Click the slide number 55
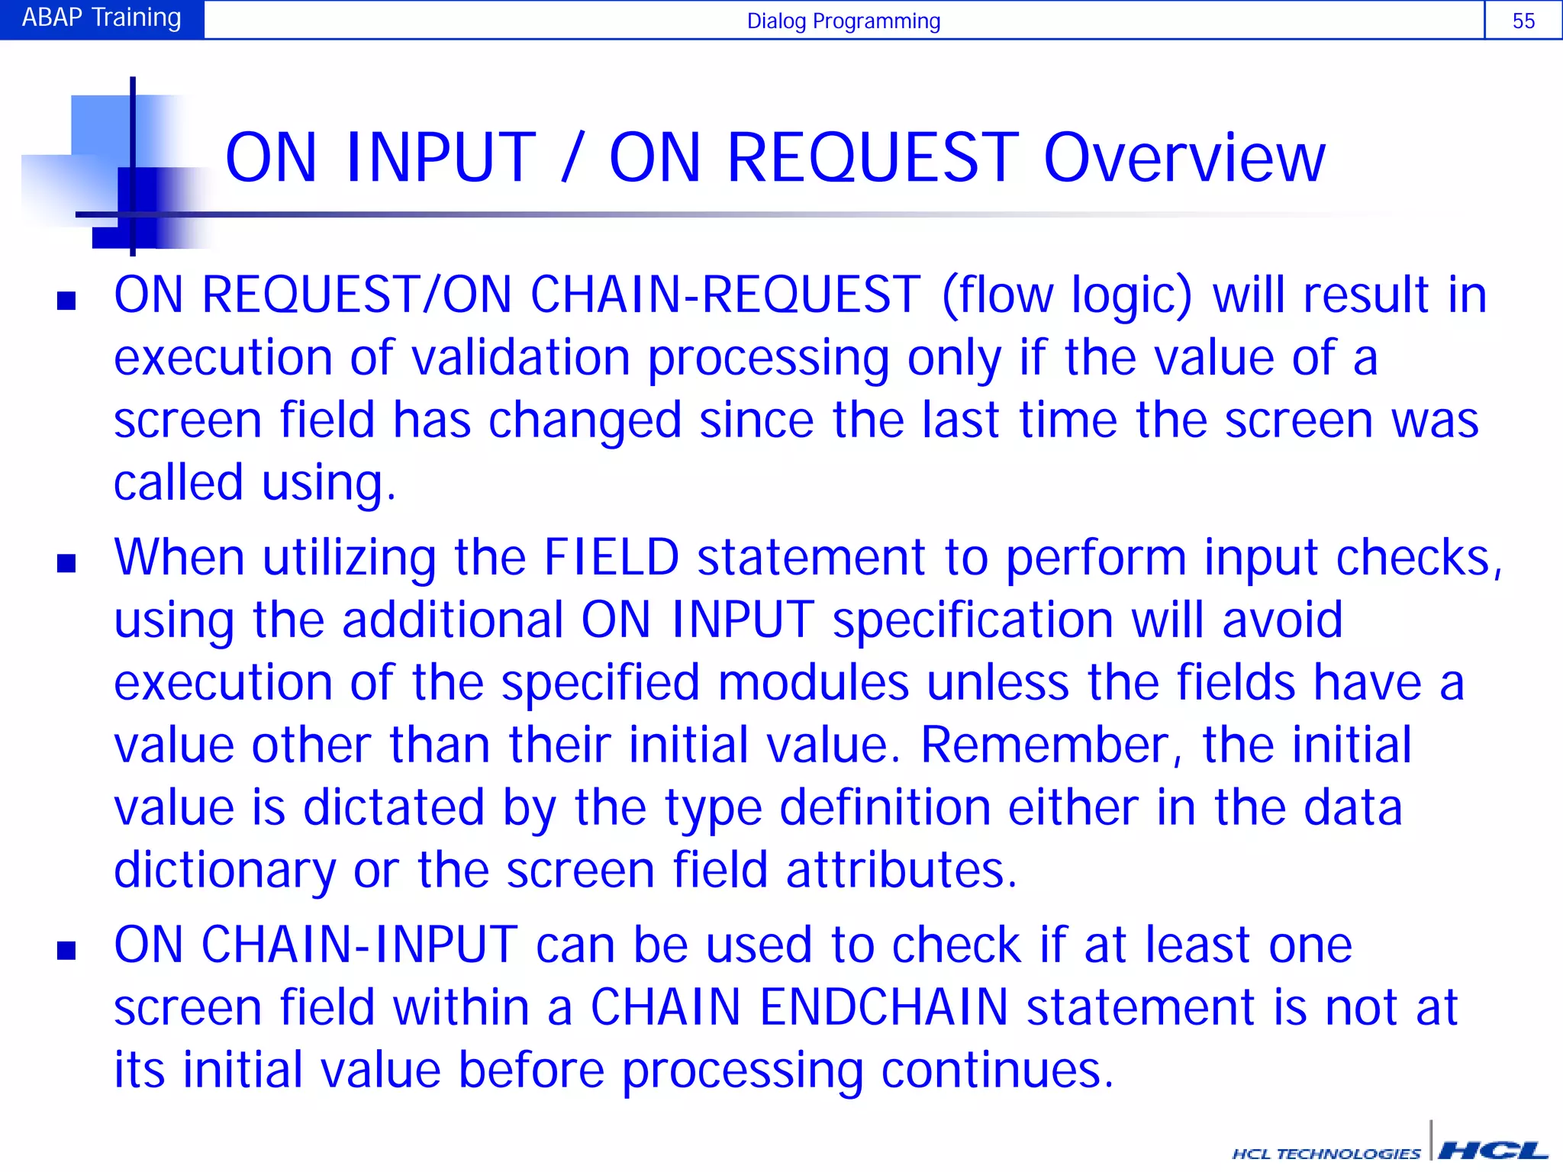[x=1523, y=21]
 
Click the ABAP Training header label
[x=102, y=18]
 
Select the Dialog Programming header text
[x=843, y=21]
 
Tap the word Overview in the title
[x=1184, y=158]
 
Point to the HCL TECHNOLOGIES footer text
[x=1326, y=1154]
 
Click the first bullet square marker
[x=66, y=301]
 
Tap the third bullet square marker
[x=66, y=950]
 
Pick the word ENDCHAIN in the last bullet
[x=884, y=1007]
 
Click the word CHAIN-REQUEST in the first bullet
[x=725, y=295]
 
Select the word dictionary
[x=224, y=870]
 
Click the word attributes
[x=901, y=870]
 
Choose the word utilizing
[x=350, y=559]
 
